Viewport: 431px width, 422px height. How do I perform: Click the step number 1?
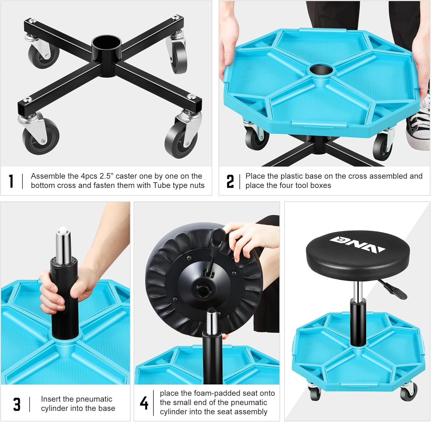coord(11,181)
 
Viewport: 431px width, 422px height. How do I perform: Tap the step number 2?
coord(230,181)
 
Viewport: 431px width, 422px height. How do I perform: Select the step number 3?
coord(17,404)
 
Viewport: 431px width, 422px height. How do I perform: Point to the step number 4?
coord(144,403)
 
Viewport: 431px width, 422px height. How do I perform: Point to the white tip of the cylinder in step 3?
coord(63,230)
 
